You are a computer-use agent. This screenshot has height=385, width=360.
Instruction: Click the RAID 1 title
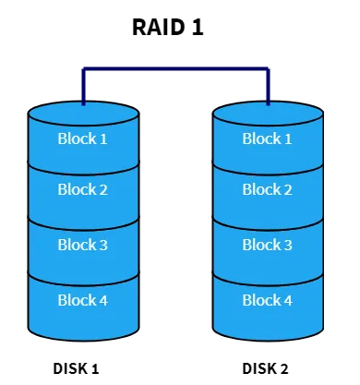(x=167, y=29)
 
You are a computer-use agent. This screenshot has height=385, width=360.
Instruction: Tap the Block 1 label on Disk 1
(x=83, y=138)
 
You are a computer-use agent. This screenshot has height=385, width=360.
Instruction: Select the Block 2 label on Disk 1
(x=83, y=190)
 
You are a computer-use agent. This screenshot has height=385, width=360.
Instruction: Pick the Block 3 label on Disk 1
(x=83, y=245)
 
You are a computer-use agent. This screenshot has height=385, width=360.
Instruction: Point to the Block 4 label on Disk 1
(x=83, y=300)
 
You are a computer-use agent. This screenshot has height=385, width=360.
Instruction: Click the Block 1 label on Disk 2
(x=268, y=138)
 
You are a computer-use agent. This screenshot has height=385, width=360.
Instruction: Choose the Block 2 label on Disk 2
(x=268, y=190)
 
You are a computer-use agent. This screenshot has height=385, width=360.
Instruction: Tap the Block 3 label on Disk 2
(x=268, y=245)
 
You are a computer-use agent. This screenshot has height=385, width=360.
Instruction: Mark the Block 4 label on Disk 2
(x=268, y=300)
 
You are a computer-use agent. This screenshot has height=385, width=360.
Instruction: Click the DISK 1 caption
(x=77, y=368)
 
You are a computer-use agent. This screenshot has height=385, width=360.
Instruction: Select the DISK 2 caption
(x=266, y=368)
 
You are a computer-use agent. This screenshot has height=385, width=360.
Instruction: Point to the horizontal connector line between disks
(x=175, y=69)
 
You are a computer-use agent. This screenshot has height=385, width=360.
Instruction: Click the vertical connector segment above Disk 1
(x=83, y=86)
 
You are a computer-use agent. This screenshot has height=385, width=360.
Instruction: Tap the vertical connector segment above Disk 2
(x=268, y=86)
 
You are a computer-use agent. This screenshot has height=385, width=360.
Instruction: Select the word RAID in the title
(x=157, y=29)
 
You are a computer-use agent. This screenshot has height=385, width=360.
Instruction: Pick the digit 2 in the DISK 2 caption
(x=284, y=368)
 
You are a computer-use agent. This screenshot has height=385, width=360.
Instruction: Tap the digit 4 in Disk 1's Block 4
(x=103, y=300)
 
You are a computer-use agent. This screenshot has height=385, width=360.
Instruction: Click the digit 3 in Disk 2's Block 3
(x=288, y=245)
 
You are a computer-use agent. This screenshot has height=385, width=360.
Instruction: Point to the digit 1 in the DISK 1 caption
(x=95, y=368)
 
